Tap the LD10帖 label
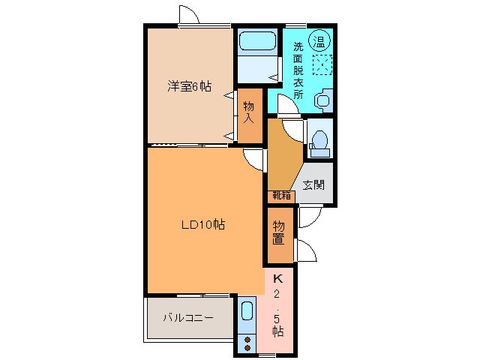tap(203, 223)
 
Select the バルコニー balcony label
tap(188, 317)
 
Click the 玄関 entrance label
tap(313, 184)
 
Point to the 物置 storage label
tap(278, 233)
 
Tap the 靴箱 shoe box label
tap(282, 196)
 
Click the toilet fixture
tap(318, 141)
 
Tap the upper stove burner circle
tap(247, 339)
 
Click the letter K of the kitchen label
tap(277, 277)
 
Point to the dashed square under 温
tap(321, 65)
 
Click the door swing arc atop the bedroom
tap(190, 16)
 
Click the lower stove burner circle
tap(247, 347)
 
